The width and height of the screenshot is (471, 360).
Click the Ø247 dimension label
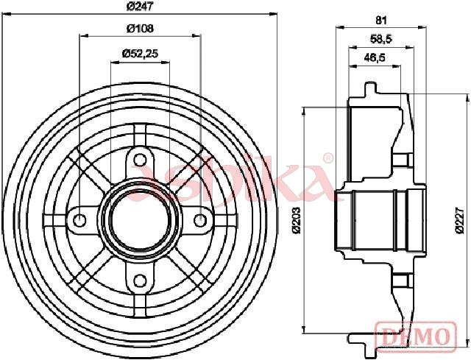coord(140,7)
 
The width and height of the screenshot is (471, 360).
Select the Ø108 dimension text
coord(140,29)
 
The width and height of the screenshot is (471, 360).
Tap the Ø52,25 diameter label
coord(140,54)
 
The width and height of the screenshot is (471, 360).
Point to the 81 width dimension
coord(381,21)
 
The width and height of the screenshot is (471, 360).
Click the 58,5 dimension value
coord(381,39)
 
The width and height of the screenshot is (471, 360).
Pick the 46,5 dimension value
coord(375,57)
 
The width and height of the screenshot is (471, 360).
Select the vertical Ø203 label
coord(297,219)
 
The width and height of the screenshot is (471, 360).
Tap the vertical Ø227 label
coord(460,219)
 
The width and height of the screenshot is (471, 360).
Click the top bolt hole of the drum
coord(139,160)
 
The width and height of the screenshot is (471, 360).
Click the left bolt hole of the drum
coord(79,221)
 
